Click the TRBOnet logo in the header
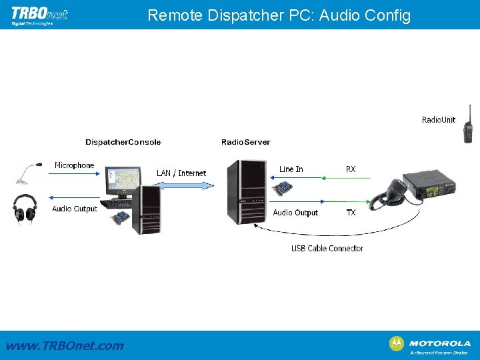pyautogui.click(x=39, y=15)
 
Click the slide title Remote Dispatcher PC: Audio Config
pyautogui.click(x=279, y=15)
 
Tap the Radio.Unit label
pyautogui.click(x=439, y=120)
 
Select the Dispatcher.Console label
pyautogui.click(x=123, y=142)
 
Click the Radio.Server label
pyautogui.click(x=245, y=142)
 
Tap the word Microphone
pyautogui.click(x=74, y=165)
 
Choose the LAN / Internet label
pyautogui.click(x=181, y=173)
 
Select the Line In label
pyautogui.click(x=291, y=169)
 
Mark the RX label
pyautogui.click(x=351, y=169)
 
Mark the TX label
pyautogui.click(x=351, y=213)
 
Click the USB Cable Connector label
pyautogui.click(x=327, y=249)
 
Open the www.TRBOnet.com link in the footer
pyautogui.click(x=65, y=345)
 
